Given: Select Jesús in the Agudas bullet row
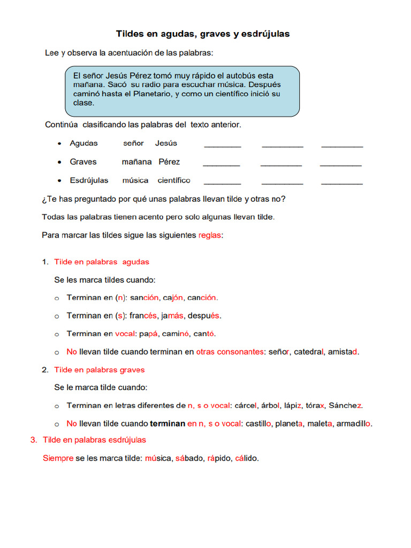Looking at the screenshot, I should [x=166, y=143].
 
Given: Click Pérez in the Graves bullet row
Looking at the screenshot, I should [x=169, y=162].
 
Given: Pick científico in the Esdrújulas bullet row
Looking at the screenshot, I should [x=174, y=180].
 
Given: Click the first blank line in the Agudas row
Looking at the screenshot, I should [x=222, y=144].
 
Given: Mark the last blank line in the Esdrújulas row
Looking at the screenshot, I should [x=341, y=182].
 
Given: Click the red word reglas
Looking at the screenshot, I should [x=209, y=235].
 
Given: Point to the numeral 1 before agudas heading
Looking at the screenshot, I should [x=45, y=262].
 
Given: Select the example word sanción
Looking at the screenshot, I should [x=144, y=298].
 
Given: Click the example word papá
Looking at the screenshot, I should [x=148, y=333].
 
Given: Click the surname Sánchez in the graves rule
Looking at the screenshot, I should [x=346, y=405].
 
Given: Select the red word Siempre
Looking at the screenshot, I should [x=58, y=458].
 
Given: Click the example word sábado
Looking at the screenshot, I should [x=187, y=458].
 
